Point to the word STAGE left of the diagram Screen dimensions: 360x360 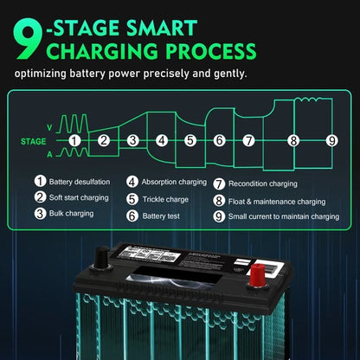(x=33, y=139)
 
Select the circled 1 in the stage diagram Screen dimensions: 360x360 (x=74, y=139)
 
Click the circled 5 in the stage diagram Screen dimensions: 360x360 (x=190, y=139)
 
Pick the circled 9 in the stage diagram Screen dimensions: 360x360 (x=331, y=139)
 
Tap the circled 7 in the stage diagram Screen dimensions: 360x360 (x=248, y=139)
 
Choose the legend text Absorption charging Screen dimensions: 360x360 (x=177, y=183)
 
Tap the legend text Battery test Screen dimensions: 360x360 (x=162, y=215)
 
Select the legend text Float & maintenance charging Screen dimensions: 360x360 (x=281, y=200)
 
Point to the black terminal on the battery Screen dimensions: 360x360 (x=101, y=257)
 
